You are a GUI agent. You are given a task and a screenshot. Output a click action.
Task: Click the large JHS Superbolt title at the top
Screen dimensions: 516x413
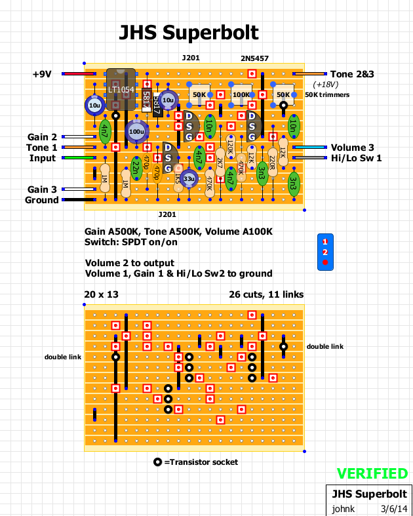(x=188, y=33)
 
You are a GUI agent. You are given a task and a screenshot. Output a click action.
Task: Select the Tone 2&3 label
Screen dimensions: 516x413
(x=352, y=74)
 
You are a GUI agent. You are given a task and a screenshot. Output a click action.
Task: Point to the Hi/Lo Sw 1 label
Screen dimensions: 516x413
(x=356, y=158)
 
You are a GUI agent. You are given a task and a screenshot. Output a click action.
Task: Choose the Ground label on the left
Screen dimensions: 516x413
(x=42, y=200)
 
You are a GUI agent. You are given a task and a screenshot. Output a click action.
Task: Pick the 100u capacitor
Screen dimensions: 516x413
(x=136, y=131)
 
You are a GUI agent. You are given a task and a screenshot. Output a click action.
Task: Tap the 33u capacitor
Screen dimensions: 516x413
(x=189, y=178)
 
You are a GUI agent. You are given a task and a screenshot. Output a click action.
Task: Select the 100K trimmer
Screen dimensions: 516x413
(x=241, y=95)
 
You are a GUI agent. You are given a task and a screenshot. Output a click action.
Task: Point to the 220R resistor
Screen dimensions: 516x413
(x=272, y=158)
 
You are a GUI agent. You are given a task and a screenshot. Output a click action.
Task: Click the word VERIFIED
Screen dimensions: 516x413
(x=372, y=473)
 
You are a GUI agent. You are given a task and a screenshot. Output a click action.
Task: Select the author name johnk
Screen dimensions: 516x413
(x=344, y=507)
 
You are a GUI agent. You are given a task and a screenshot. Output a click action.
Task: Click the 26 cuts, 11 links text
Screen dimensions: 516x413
(x=265, y=294)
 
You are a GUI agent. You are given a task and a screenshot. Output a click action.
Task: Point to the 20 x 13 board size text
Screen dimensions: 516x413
(x=102, y=294)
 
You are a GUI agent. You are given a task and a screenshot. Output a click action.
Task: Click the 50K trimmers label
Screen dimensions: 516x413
(x=328, y=95)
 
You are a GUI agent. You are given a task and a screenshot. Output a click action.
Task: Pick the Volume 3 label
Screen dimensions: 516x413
(x=353, y=148)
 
